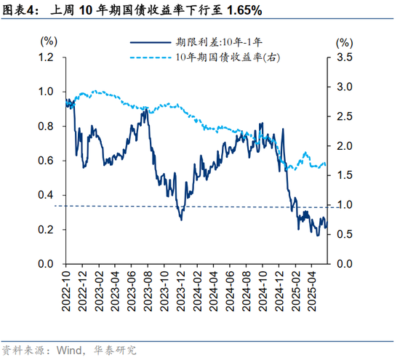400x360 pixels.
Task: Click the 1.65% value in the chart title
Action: click(x=244, y=12)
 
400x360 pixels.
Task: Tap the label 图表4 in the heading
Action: click(x=20, y=12)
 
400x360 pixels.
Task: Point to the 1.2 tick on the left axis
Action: click(x=47, y=57)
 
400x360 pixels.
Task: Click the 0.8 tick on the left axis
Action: click(x=47, y=127)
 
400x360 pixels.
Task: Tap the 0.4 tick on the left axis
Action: click(x=47, y=195)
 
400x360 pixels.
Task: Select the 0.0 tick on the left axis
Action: click(x=47, y=263)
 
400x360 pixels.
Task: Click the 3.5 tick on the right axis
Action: click(x=345, y=57)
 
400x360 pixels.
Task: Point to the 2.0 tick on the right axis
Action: click(x=345, y=145)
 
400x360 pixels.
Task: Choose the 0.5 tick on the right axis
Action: click(x=345, y=234)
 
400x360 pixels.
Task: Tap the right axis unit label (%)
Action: click(x=344, y=41)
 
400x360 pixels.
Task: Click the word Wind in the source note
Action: click(x=69, y=350)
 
